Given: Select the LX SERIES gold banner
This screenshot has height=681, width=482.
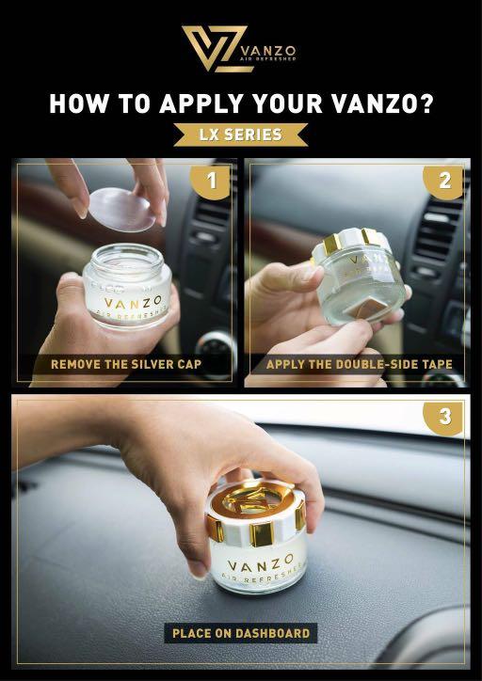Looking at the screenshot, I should click(241, 135).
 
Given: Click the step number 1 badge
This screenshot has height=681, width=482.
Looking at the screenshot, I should click(212, 182).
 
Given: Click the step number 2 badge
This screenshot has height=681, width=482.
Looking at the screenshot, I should click(444, 181).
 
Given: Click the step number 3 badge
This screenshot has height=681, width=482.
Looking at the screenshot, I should click(444, 415).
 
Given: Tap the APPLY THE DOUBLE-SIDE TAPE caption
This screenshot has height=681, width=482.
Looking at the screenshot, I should click(359, 364).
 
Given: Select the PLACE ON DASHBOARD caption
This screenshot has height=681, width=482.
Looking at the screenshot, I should click(241, 633).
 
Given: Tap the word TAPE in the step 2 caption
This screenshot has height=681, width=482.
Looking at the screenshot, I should click(434, 364).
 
